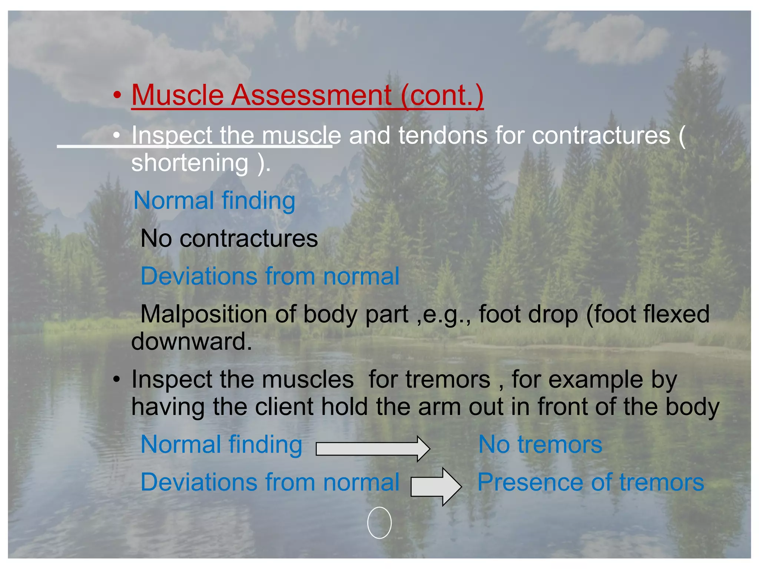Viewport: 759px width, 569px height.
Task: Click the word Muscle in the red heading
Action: (x=178, y=95)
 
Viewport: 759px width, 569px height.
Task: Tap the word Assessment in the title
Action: (x=311, y=95)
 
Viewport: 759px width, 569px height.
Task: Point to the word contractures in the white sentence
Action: (x=601, y=135)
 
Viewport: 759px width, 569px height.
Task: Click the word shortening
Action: (x=190, y=163)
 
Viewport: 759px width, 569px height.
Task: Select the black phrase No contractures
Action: (x=229, y=238)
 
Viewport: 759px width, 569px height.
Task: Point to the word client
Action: (x=284, y=407)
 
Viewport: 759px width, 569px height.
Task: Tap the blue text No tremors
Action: (x=540, y=444)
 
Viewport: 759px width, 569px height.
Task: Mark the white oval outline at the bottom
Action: (x=379, y=522)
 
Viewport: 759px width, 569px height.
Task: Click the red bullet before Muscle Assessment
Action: (x=117, y=95)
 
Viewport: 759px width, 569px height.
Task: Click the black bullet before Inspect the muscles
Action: (x=117, y=380)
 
